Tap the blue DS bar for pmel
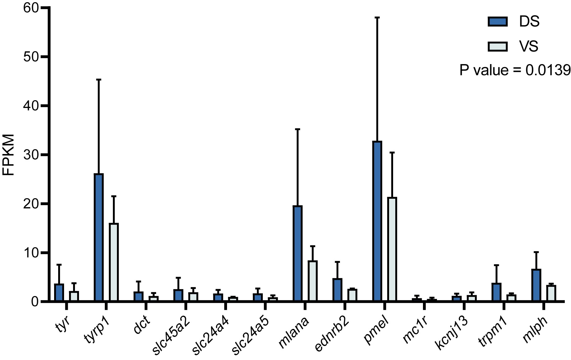(377, 221)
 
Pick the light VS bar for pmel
(392, 249)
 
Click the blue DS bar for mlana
(298, 254)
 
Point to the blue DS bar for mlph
(536, 285)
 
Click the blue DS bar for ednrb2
(337, 290)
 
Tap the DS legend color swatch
(498, 22)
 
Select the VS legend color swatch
(498, 47)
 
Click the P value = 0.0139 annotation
(515, 70)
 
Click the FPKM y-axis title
(9, 155)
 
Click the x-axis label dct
(142, 324)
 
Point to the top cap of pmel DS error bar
(377, 18)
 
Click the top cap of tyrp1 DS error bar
(99, 80)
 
